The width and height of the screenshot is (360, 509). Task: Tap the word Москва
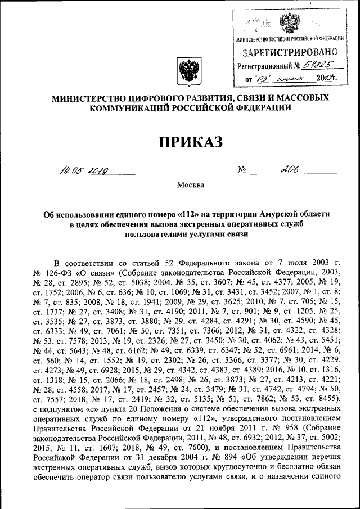pos(191,184)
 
